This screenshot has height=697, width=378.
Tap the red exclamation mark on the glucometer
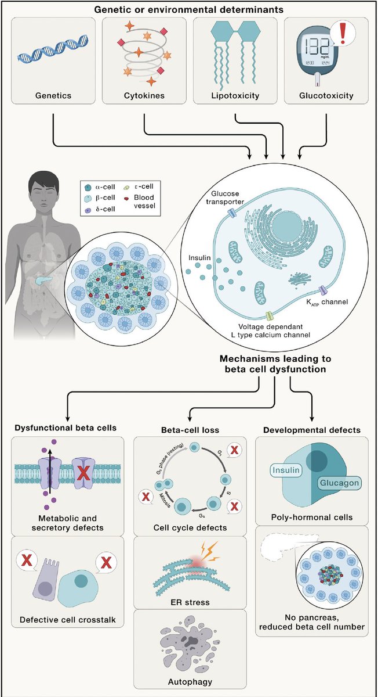343,33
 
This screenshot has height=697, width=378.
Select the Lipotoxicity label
235,95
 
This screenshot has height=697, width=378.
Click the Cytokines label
144,95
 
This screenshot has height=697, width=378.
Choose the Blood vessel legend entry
140,201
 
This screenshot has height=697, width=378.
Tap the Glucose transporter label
225,197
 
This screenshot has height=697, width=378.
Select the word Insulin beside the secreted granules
199,258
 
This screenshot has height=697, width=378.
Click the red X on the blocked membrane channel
83,474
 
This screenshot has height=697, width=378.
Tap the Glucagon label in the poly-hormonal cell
339,483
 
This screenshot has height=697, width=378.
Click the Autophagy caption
190,682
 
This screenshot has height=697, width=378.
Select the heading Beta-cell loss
190,430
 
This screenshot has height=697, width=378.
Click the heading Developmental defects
312,430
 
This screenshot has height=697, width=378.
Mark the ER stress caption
190,602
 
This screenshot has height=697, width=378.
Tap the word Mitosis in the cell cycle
165,500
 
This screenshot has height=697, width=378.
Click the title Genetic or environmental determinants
189,9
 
